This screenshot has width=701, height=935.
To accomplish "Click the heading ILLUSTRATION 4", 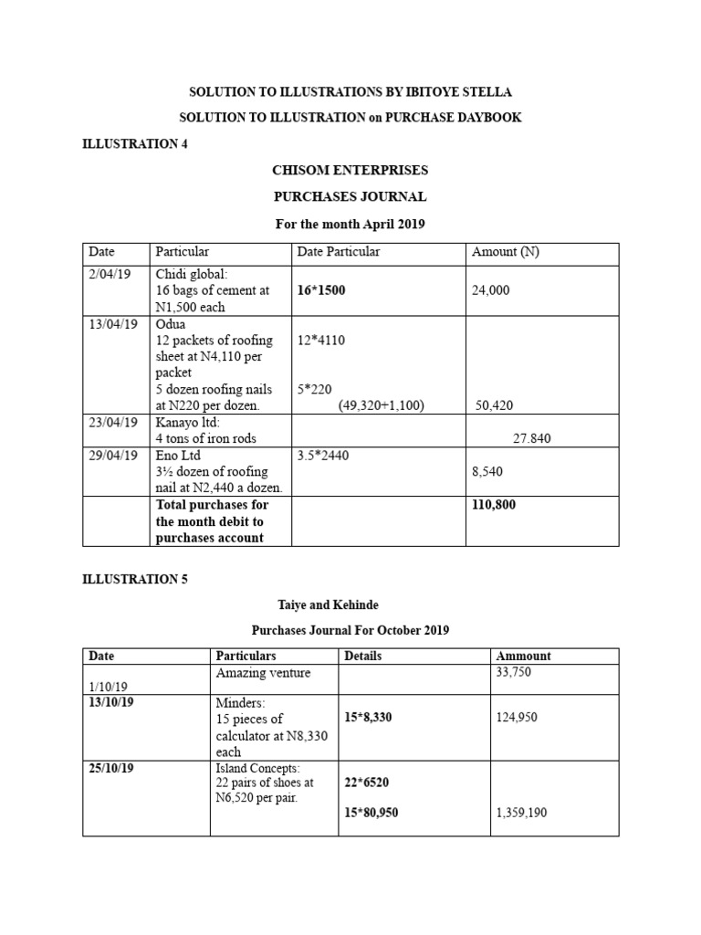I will [x=135, y=144].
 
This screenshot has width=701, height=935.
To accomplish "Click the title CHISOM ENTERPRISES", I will [x=350, y=171].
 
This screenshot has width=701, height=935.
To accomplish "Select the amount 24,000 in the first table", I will [x=491, y=291].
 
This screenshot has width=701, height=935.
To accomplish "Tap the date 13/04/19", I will [x=114, y=324].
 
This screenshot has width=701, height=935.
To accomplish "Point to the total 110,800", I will [x=494, y=504].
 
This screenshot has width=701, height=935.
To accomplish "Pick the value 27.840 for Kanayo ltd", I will [x=531, y=438].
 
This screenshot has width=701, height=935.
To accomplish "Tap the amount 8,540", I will [x=487, y=471].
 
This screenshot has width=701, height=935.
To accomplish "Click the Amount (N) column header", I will [x=505, y=252].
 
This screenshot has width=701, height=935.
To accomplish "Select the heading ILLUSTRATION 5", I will [x=135, y=579].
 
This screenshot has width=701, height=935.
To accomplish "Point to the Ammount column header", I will [x=523, y=656].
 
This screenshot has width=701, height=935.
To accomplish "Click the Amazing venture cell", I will [x=263, y=673].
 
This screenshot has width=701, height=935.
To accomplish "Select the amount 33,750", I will [x=512, y=672].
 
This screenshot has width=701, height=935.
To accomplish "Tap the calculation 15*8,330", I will [x=369, y=718].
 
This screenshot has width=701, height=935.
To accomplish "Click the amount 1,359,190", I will [x=521, y=812].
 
